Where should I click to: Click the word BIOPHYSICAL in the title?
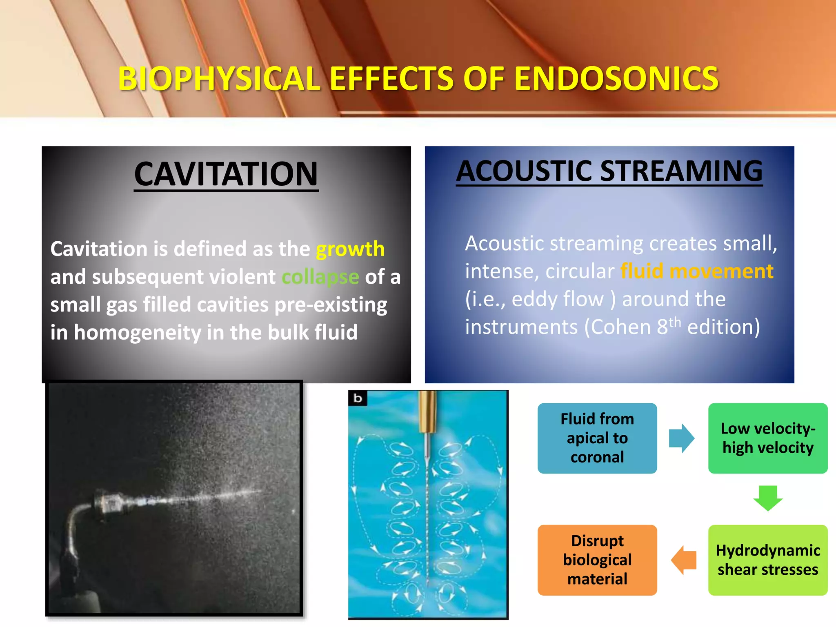pyautogui.click(x=219, y=78)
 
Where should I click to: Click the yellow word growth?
pyautogui.click(x=350, y=249)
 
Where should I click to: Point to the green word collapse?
pyautogui.click(x=320, y=277)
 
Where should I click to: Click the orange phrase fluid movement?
pyautogui.click(x=696, y=271)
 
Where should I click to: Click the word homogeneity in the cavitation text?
pyautogui.click(x=137, y=333)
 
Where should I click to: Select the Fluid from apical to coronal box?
pyautogui.click(x=597, y=438)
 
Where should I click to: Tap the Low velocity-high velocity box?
pyautogui.click(x=767, y=438)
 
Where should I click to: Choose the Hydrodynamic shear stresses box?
pyautogui.click(x=767, y=560)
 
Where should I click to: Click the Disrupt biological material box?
pyautogui.click(x=597, y=560)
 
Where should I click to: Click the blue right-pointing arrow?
pyautogui.click(x=681, y=438)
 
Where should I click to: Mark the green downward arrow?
pyautogui.click(x=767, y=498)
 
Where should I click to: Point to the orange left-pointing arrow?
pyautogui.click(x=684, y=560)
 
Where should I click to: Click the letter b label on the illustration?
pyautogui.click(x=358, y=398)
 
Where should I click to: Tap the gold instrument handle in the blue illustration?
pyautogui.click(x=427, y=412)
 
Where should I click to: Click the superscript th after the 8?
pyautogui.click(x=675, y=322)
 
